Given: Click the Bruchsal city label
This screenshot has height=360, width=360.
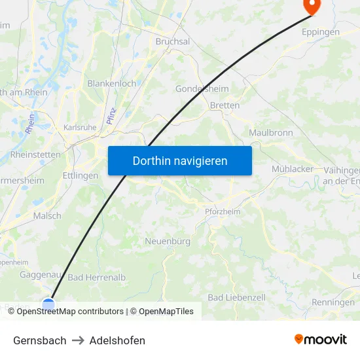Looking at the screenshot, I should tap(173, 41).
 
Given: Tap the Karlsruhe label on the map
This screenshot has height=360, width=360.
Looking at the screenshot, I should tap(80, 128).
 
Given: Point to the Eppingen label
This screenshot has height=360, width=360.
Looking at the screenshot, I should tap(320, 31).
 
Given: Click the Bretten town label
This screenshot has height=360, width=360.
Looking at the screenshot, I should tap(225, 105).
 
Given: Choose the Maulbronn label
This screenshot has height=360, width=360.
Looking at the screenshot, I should tap(270, 133).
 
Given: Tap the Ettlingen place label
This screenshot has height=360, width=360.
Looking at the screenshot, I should tap(81, 175).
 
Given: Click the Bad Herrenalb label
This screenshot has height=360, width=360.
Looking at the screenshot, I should tap(97, 278).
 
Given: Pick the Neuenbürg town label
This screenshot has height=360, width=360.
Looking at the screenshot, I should tap(168, 241).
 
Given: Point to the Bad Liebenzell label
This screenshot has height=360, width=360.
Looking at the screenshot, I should tap(236, 297).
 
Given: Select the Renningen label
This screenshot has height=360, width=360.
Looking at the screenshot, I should tap(333, 302).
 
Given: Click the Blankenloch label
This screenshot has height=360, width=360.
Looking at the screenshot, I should tap(111, 84).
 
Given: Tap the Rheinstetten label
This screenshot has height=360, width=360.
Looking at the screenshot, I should tap(35, 155).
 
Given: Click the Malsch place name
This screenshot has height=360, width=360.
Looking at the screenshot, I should tap(47, 215).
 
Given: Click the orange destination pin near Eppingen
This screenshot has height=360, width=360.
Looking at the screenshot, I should tap(310, 6).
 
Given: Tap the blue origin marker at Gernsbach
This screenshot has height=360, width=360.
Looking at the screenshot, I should tap(48, 304).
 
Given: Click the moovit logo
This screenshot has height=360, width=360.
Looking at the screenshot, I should tap(321, 340).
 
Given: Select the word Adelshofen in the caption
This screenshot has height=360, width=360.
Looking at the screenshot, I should tap(117, 340).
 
